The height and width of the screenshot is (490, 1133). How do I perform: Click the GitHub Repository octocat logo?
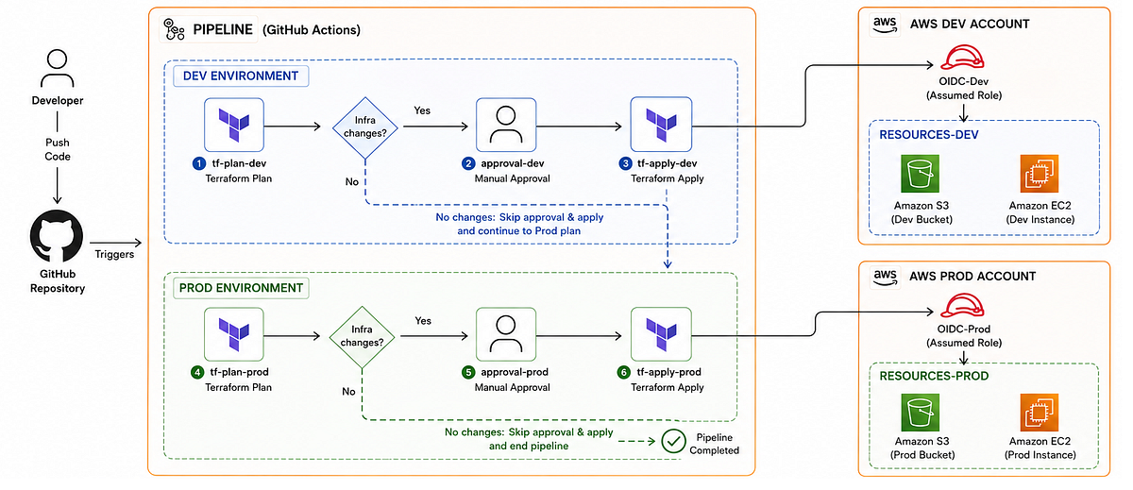click(x=57, y=236)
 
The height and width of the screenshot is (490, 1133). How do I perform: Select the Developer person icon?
click(x=58, y=69)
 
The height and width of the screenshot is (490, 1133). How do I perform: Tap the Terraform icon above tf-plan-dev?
click(x=234, y=125)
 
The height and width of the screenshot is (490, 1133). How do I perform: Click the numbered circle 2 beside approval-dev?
click(x=468, y=163)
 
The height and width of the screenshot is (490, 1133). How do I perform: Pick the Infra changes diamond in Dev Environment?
click(x=364, y=127)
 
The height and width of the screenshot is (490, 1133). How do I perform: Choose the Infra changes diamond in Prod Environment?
click(x=362, y=336)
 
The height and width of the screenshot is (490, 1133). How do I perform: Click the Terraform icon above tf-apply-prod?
click(x=661, y=334)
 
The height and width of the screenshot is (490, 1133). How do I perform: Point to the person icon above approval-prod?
click(x=506, y=334)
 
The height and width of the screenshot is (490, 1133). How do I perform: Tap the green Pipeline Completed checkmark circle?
click(x=673, y=442)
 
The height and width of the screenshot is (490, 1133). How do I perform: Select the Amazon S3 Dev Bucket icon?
click(x=920, y=174)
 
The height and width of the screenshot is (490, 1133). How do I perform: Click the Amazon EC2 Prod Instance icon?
click(x=1040, y=413)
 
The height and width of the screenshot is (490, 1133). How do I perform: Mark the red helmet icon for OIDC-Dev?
click(x=962, y=58)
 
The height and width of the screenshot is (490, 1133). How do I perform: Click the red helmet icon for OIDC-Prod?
click(x=962, y=306)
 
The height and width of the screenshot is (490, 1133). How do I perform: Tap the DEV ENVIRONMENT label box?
click(x=241, y=76)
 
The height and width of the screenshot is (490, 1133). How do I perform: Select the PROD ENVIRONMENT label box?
click(x=241, y=288)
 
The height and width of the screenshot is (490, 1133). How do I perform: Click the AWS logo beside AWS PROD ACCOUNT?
click(x=885, y=277)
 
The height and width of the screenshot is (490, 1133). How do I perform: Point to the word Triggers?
click(x=114, y=254)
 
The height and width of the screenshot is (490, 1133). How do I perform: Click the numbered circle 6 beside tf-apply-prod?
click(x=624, y=372)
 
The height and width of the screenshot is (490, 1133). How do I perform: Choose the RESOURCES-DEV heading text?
click(x=929, y=134)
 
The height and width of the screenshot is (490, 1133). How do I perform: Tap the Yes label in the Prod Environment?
click(x=423, y=321)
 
